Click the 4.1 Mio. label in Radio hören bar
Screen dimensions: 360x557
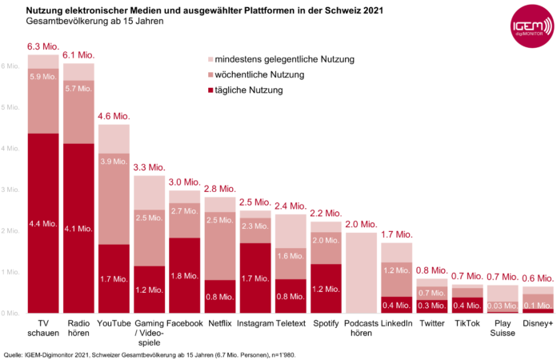(x=79, y=229)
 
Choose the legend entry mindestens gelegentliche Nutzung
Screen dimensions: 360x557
(x=280, y=60)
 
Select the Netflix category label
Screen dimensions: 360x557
(x=220, y=323)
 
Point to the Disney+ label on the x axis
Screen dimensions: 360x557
(x=538, y=323)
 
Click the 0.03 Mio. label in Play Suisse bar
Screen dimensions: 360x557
(x=503, y=306)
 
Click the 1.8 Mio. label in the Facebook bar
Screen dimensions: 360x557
(x=185, y=276)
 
